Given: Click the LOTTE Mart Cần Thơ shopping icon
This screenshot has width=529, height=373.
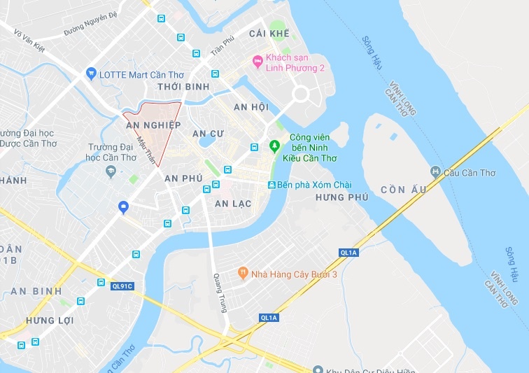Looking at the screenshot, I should tap(90, 73).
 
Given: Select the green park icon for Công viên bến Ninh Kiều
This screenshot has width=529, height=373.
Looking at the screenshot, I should tap(274, 146).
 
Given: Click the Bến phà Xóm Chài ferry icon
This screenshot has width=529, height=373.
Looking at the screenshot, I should tap(272, 184).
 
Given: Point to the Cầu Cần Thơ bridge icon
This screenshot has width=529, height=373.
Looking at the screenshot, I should tap(436, 171).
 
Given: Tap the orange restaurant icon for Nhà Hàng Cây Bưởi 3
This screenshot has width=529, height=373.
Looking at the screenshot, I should tap(243, 273).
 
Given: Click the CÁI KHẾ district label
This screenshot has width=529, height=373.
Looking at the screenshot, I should tap(269, 34).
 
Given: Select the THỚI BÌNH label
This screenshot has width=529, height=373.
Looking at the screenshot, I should tap(183, 87).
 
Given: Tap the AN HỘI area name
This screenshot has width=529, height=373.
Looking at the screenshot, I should tap(251, 107).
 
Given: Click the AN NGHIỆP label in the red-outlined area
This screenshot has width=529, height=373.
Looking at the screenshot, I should tap(153, 125).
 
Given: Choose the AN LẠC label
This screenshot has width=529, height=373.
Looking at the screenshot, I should tap(232, 204).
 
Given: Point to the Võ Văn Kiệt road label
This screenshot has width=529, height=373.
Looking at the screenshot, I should tap(29, 41).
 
